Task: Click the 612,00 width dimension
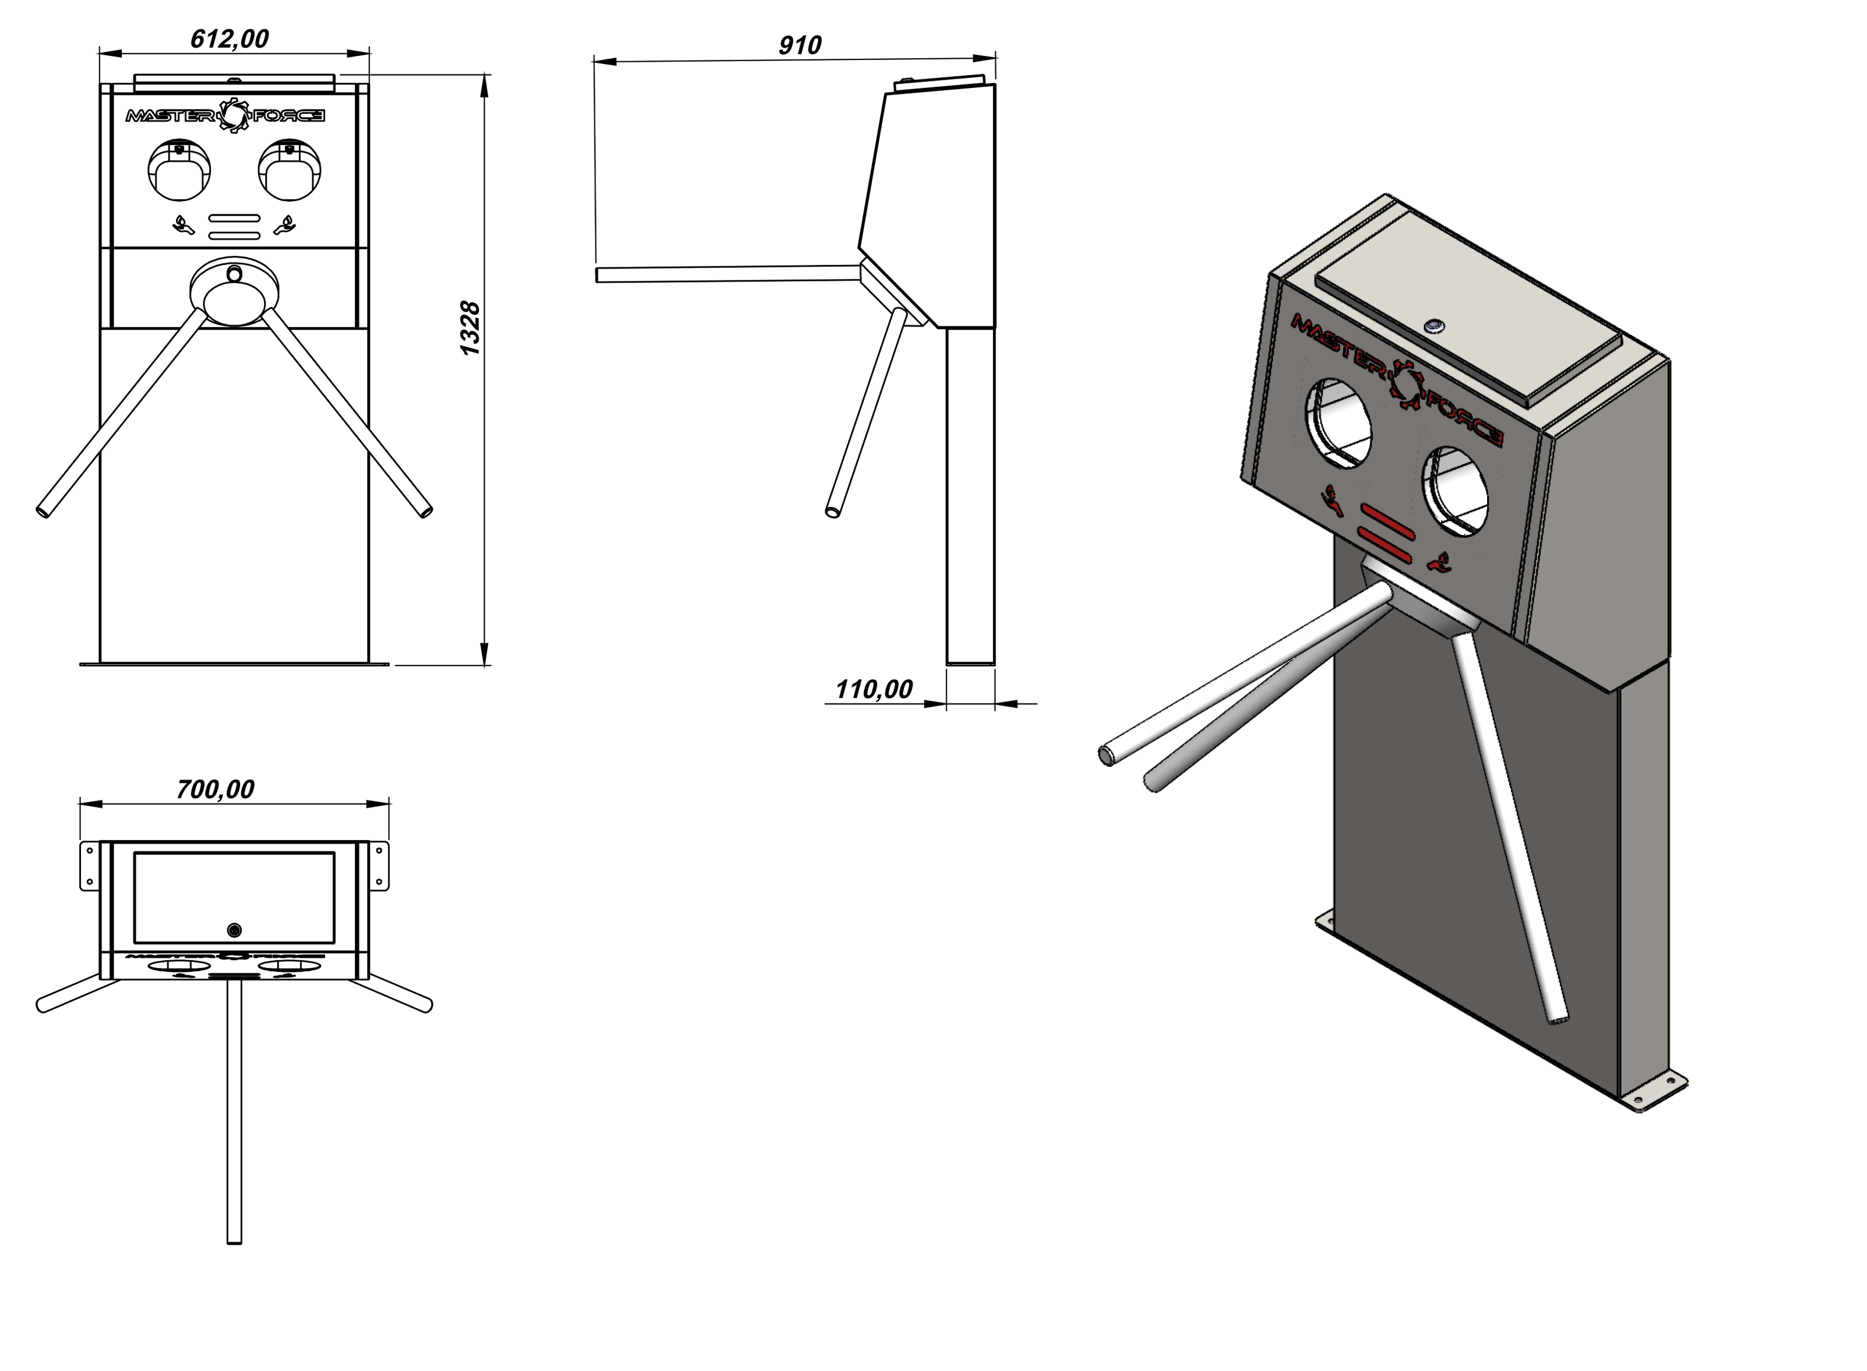coord(229,39)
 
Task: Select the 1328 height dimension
coord(470,328)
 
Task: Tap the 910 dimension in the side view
coord(799,45)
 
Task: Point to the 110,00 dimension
coord(873,689)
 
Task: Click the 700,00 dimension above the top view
coord(215,790)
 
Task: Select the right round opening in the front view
coord(290,170)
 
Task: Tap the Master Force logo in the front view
coord(225,115)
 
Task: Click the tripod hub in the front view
coord(234,292)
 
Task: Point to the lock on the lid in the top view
coord(234,931)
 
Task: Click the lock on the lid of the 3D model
coord(1433,326)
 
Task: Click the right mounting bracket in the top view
coord(378,866)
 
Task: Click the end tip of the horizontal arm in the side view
coord(599,274)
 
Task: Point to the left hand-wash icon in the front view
coord(182,225)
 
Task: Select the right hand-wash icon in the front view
coord(286,225)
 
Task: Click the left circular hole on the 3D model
coord(1339,423)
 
